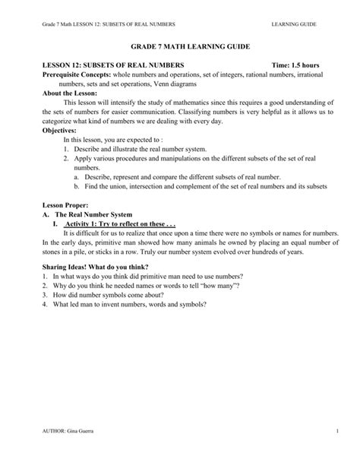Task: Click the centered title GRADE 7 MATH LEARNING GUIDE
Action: click(x=179, y=47)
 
